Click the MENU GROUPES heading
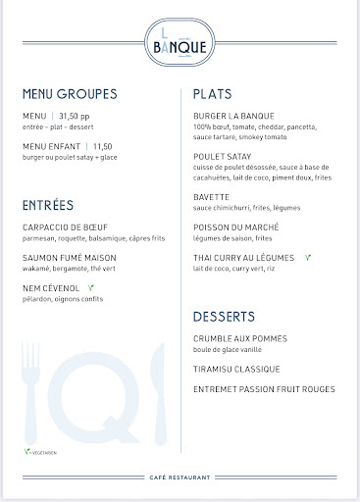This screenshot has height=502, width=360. [69, 94]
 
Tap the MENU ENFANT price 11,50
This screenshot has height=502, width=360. [103, 146]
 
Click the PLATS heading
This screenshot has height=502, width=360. [213, 94]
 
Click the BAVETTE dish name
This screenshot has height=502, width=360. [212, 197]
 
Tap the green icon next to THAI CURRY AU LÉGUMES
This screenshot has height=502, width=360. [308, 258]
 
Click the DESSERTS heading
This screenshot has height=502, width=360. [225, 317]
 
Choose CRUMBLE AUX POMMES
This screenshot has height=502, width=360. [240, 338]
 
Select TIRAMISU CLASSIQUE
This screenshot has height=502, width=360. [236, 369]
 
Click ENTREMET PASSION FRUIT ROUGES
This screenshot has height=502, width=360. [264, 389]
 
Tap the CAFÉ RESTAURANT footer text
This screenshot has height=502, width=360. [180, 477]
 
